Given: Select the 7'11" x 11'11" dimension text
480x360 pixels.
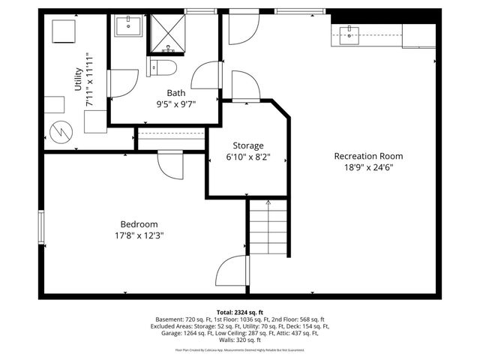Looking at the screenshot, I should pos(89,81).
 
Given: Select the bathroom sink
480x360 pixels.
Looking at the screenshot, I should pos(129,26).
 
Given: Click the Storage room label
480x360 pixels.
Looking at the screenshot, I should pos(247,145).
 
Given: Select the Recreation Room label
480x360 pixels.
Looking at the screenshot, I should pos(368,156).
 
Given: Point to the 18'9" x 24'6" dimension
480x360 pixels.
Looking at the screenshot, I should pos(368,167).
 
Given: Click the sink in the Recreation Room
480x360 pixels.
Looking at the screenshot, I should pos(350,32).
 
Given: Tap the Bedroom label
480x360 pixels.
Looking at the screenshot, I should pos(139,223).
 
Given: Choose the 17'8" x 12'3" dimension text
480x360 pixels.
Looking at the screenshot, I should pos(139,235).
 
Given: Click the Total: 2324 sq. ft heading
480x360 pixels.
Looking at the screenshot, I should pos(240,311).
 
